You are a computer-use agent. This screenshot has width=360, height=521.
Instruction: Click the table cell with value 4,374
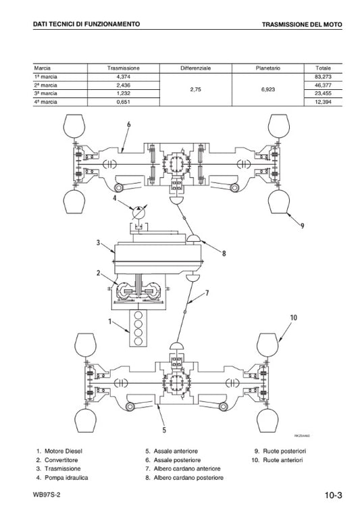point(123,77)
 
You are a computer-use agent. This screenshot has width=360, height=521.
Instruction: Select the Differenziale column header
point(196,68)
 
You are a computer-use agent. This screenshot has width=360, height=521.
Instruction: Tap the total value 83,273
point(323,77)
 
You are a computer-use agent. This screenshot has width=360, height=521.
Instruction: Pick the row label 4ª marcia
point(45,102)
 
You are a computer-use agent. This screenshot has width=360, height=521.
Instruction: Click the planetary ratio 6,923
point(268,89)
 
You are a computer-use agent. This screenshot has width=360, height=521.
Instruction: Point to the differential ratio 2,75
point(196,89)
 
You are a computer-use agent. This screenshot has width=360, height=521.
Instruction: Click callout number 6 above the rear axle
point(129,124)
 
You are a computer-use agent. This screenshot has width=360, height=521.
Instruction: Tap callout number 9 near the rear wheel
point(302,226)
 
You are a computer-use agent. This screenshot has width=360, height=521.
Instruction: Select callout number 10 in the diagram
point(294,318)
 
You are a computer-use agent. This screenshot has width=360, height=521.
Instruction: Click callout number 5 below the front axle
point(164,430)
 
